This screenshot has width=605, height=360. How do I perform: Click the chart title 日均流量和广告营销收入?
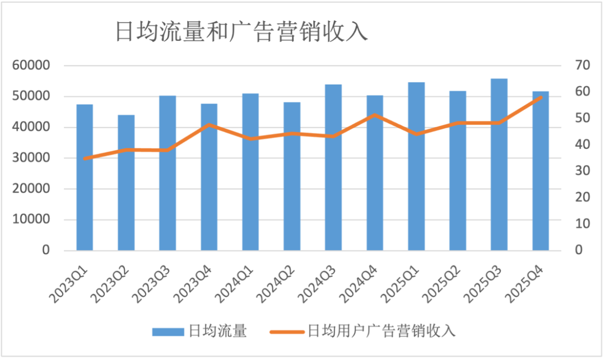[x=241, y=32]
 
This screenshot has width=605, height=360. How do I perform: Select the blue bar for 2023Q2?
[x=126, y=183]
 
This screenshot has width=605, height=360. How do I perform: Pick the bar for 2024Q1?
[x=250, y=172]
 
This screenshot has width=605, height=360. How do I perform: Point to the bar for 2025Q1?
[x=416, y=166]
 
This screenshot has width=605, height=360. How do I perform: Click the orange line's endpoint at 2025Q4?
[x=541, y=97]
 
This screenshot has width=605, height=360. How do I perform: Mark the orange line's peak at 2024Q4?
[x=375, y=115]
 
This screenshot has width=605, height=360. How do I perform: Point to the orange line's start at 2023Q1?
[x=85, y=158]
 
